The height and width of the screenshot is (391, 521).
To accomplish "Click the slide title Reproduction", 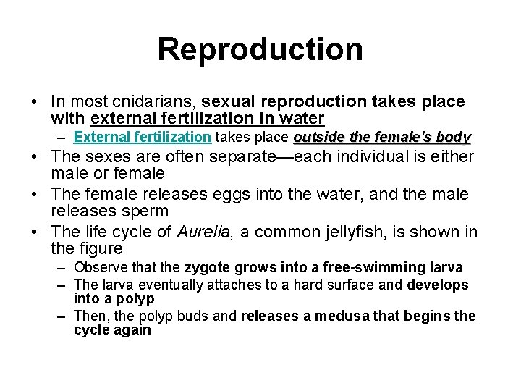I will point(260,49).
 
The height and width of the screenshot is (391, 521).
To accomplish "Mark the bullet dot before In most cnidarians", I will point(35,102).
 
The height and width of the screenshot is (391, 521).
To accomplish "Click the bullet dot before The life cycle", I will point(35,232).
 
